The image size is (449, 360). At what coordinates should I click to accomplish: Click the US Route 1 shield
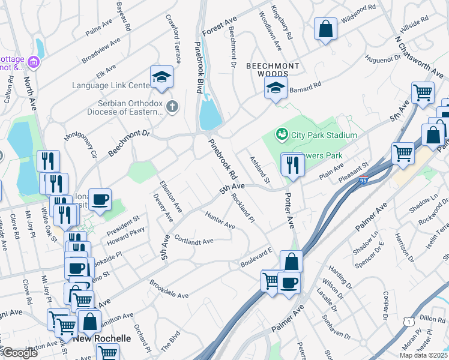tap(407, 322)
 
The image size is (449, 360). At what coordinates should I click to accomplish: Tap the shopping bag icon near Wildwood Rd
tap(325, 29)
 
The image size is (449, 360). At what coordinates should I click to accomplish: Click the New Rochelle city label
tap(102, 338)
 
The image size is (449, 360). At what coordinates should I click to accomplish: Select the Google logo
tap(20, 353)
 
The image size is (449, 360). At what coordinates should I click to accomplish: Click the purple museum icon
tap(33, 62)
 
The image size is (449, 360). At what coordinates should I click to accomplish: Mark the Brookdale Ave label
tap(169, 291)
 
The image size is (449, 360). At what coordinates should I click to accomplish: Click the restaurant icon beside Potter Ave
tap(292, 164)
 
